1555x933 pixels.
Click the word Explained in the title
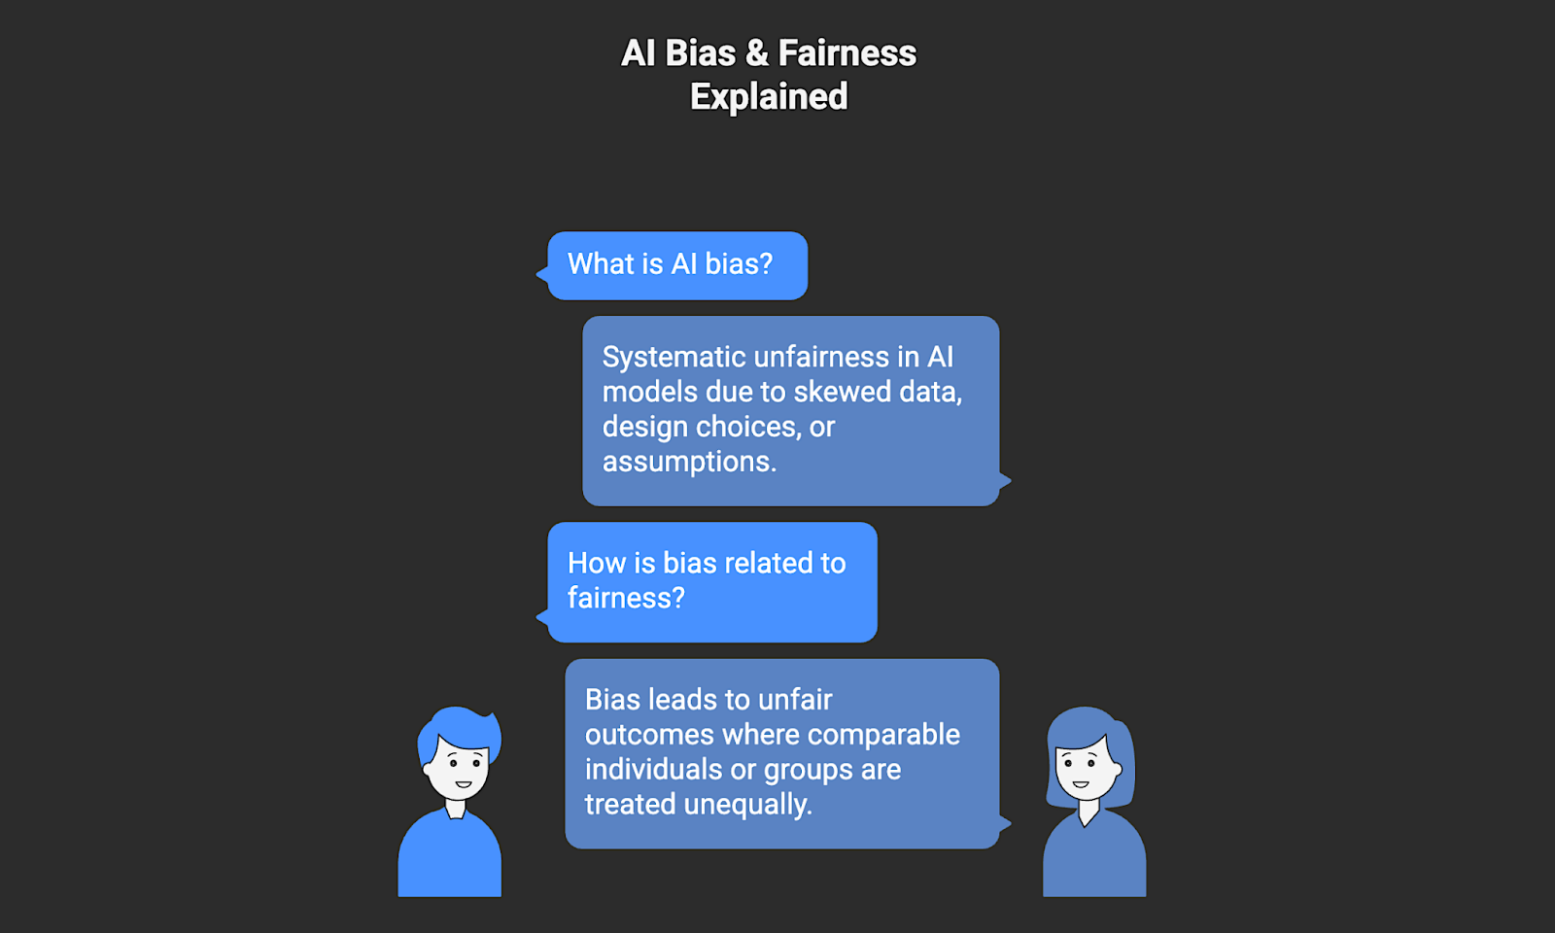[769, 97]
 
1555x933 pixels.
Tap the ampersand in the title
[757, 53]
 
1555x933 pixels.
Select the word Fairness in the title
[847, 53]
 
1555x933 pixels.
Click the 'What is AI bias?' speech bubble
[677, 265]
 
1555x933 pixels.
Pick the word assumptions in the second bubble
[689, 463]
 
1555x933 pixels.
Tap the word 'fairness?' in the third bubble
[626, 599]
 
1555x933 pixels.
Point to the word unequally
[747, 805]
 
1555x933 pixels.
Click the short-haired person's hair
[461, 728]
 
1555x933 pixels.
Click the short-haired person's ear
[429, 770]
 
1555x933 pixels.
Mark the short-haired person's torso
[449, 860]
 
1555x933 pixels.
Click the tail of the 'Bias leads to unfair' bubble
[1005, 824]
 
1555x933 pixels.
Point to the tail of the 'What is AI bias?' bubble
[542, 275]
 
